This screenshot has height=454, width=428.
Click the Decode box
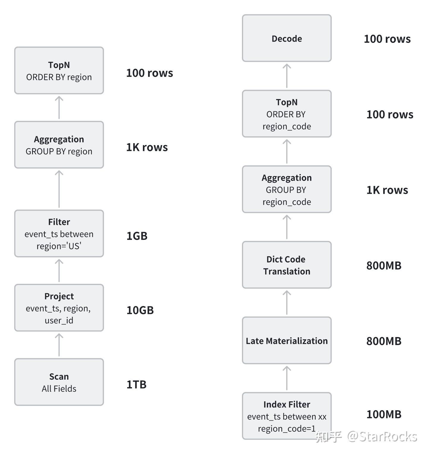click(x=287, y=38)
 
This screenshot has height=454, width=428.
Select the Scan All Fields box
click(x=59, y=382)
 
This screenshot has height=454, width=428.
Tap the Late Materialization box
click(x=287, y=340)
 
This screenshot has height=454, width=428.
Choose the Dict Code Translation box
click(x=287, y=265)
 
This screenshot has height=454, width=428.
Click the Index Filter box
click(x=287, y=416)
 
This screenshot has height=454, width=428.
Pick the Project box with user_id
click(x=59, y=308)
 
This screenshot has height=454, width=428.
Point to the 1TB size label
click(x=136, y=384)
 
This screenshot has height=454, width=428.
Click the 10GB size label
click(x=140, y=310)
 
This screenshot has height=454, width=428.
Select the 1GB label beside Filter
click(x=137, y=236)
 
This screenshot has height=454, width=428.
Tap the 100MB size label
click(x=384, y=414)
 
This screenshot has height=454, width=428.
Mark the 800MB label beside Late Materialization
click(x=384, y=341)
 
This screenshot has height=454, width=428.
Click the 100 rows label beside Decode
click(x=387, y=39)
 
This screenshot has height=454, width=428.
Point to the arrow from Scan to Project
click(x=59, y=345)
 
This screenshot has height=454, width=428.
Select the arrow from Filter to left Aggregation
click(x=59, y=189)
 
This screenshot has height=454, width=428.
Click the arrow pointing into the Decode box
click(x=287, y=76)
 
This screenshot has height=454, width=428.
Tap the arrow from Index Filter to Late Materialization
click(x=287, y=378)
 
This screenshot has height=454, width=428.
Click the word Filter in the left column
click(x=59, y=222)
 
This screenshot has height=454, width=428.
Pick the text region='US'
click(x=59, y=246)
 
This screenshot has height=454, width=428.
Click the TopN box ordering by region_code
click(x=287, y=114)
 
